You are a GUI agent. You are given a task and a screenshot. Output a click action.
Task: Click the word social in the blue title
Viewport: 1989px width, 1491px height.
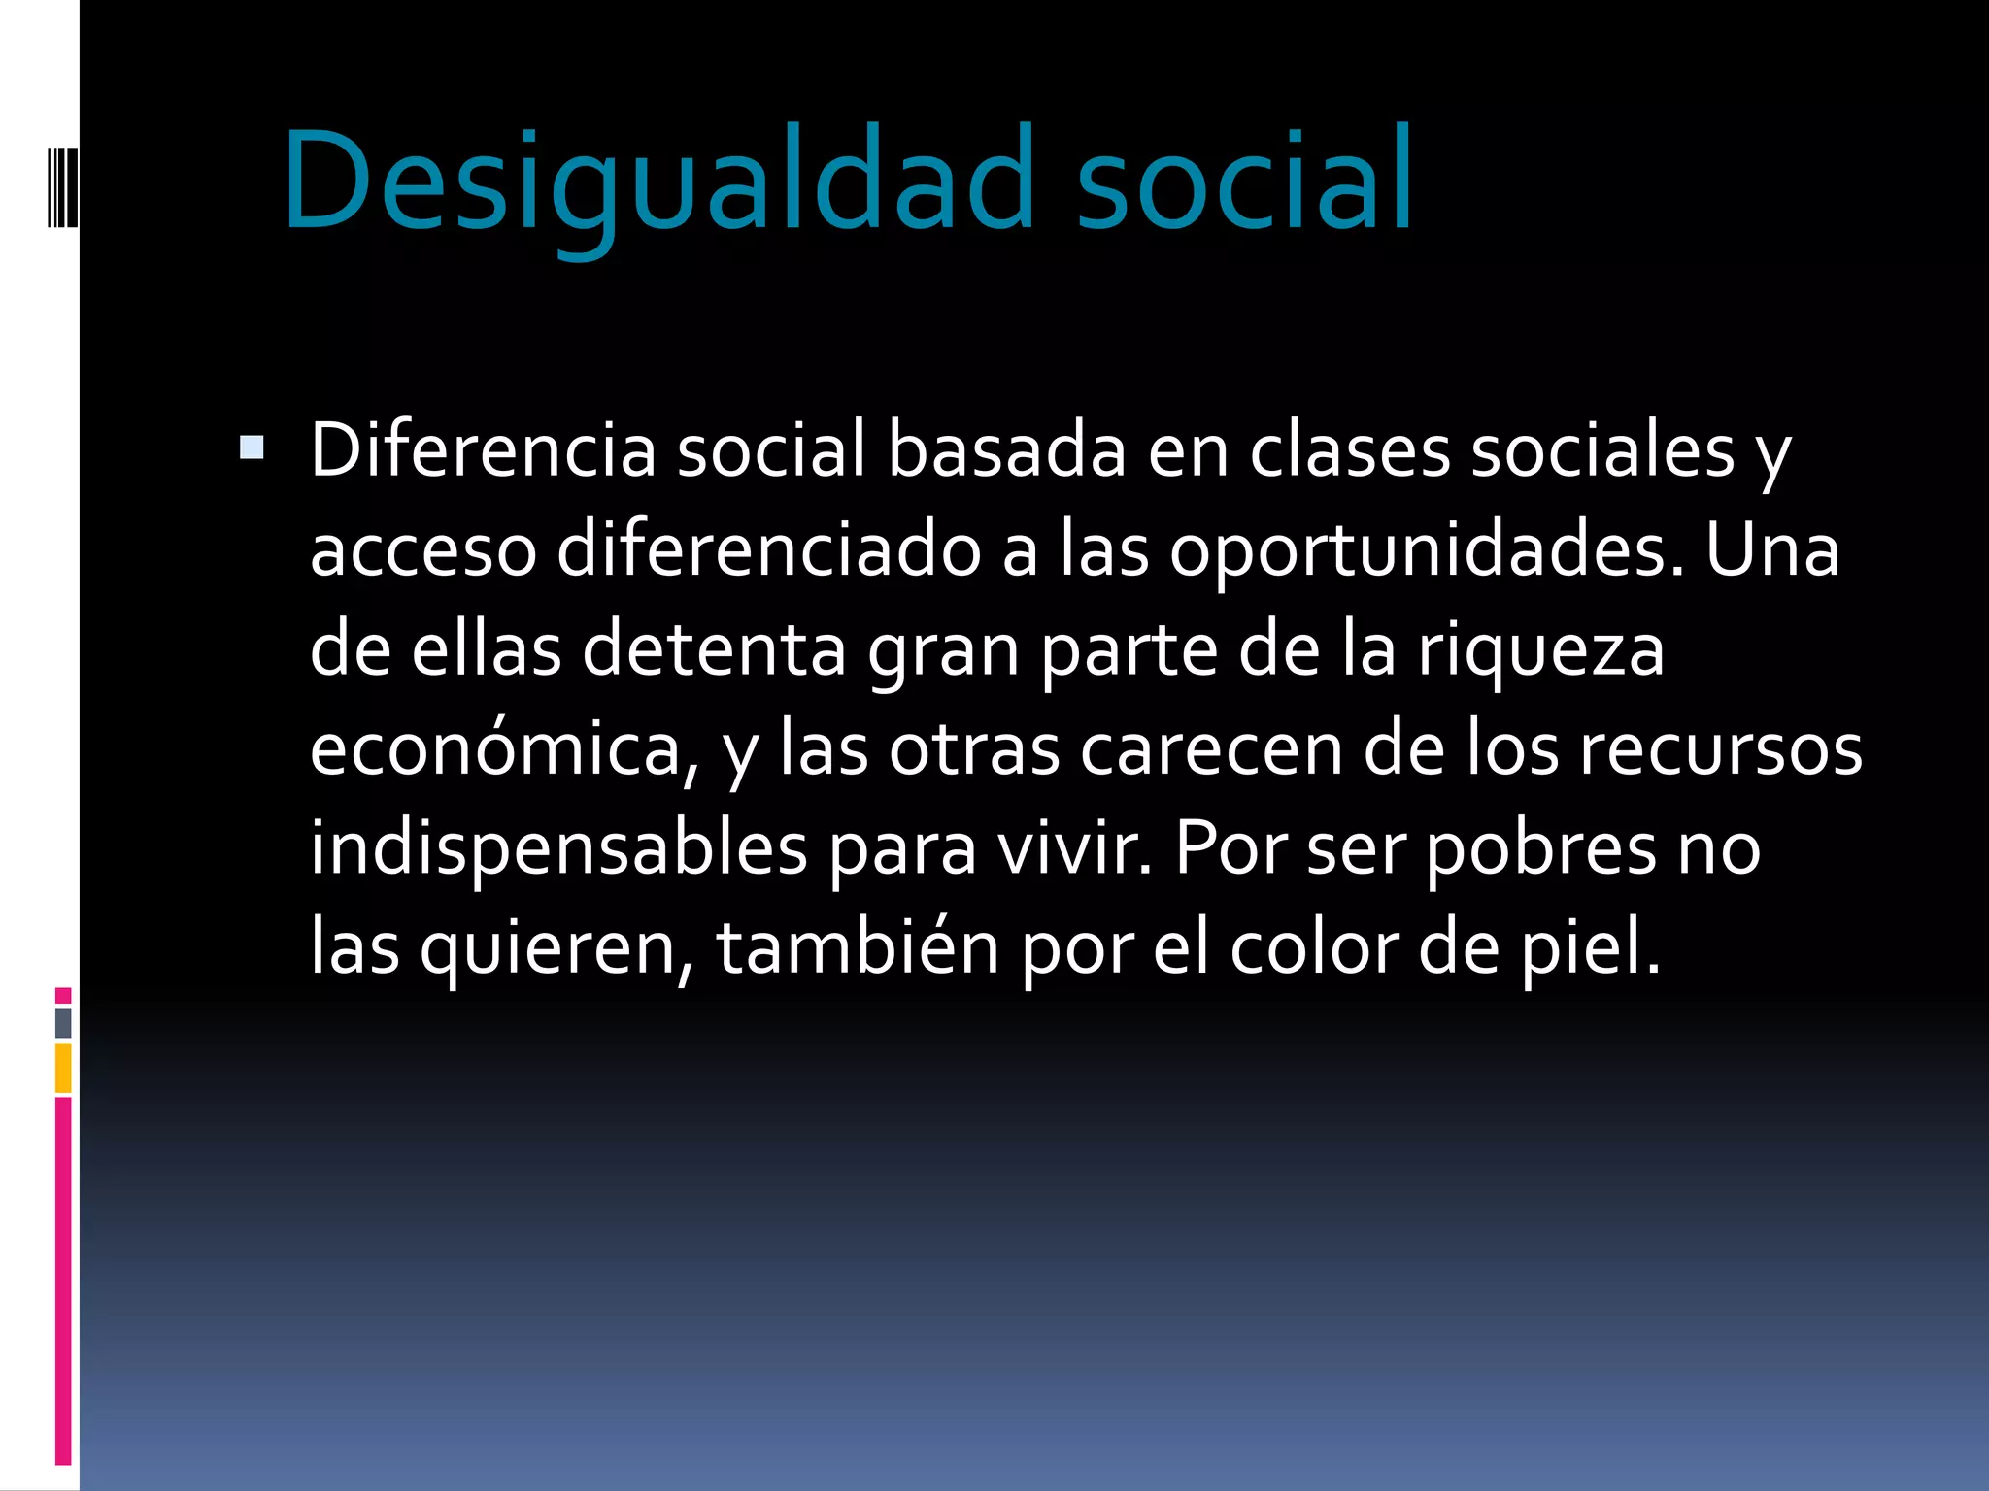point(1245,182)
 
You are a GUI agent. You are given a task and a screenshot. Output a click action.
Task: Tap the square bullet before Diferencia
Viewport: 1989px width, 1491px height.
point(252,447)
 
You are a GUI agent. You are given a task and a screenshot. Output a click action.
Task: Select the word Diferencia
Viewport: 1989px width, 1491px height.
point(483,450)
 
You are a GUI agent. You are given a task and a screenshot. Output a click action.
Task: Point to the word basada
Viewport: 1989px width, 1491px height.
point(1006,450)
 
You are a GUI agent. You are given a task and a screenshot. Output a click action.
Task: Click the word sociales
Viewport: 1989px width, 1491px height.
point(1602,450)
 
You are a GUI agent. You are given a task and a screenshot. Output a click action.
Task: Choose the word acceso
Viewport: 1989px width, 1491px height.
point(422,550)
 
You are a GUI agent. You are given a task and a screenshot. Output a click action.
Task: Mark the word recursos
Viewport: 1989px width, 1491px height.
point(1720,749)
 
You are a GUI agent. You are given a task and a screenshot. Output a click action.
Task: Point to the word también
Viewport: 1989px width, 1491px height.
point(858,948)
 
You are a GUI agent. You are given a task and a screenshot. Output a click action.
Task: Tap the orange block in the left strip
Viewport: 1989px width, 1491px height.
point(63,1068)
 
